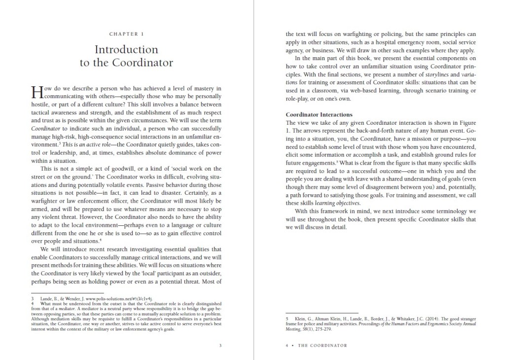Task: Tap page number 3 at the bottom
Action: (220, 345)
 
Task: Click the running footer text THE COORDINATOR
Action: (323, 345)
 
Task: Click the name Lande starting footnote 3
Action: (44, 299)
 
